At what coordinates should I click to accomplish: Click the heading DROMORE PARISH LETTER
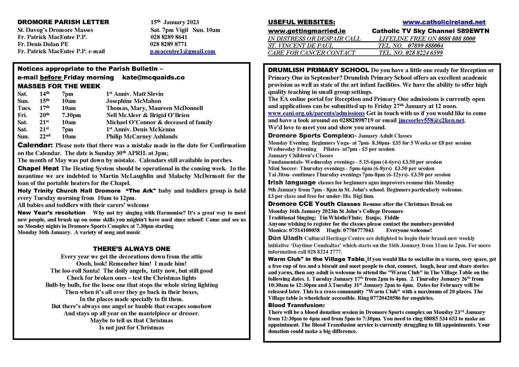click(x=63, y=22)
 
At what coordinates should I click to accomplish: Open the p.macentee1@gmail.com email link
click(x=183, y=51)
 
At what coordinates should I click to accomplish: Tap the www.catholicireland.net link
click(x=444, y=22)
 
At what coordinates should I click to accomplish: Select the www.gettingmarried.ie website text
click(x=306, y=31)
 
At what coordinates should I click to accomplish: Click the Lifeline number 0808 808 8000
click(x=457, y=39)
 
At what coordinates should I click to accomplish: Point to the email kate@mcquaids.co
click(x=153, y=77)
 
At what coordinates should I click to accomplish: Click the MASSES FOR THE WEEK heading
click(x=59, y=86)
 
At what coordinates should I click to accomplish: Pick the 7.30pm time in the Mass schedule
click(x=71, y=115)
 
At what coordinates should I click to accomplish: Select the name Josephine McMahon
click(x=133, y=101)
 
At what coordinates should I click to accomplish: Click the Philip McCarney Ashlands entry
click(x=142, y=137)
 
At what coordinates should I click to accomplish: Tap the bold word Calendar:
click(x=35, y=145)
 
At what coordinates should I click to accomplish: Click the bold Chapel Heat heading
click(x=38, y=169)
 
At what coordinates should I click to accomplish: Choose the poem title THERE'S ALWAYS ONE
click(x=132, y=249)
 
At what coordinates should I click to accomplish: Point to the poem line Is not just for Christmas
click(x=132, y=328)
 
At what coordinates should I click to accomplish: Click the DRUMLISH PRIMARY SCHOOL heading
click(x=318, y=70)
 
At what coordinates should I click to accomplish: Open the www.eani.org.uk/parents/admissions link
click(x=316, y=113)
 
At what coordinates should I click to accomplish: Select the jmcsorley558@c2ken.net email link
click(x=431, y=120)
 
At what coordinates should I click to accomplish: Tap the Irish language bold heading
click(x=292, y=183)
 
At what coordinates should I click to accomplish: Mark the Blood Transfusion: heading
click(x=296, y=305)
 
